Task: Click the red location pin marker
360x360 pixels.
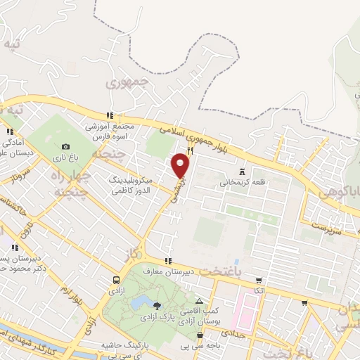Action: (x=181, y=165)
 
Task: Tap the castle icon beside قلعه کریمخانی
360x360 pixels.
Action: (x=243, y=171)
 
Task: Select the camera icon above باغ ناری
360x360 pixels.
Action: (x=65, y=146)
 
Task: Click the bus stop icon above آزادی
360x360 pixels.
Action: (x=115, y=279)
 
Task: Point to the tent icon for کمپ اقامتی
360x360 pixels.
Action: (x=198, y=300)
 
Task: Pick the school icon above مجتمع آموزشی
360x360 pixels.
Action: (x=109, y=115)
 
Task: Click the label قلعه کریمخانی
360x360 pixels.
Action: (x=243, y=182)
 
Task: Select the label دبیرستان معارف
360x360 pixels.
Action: (x=167, y=272)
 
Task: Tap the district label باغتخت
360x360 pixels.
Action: (x=210, y=271)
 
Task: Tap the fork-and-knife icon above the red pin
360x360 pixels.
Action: (x=190, y=149)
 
